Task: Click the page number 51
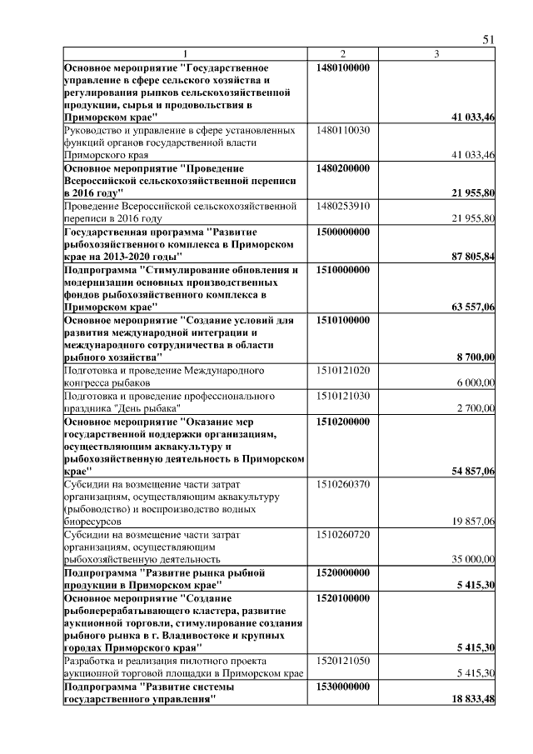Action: [489, 40]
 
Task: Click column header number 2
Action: [342, 54]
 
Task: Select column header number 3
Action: [437, 54]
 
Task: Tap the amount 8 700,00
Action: [476, 357]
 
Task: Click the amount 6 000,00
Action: [476, 382]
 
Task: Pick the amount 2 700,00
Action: [476, 407]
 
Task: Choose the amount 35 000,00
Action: [473, 559]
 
